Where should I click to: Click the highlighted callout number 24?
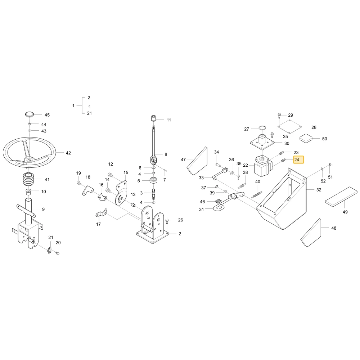point(297,159)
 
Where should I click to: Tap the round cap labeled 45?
point(30,114)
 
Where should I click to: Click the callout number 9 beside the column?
point(44,209)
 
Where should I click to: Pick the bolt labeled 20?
point(58,253)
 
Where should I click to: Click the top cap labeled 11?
point(154,119)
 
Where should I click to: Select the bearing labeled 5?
point(153,180)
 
